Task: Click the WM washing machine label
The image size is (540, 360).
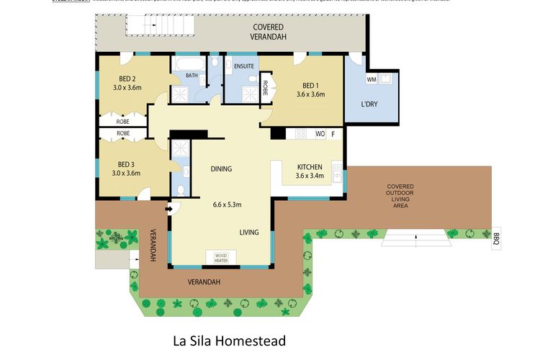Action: pyautogui.click(x=372, y=78)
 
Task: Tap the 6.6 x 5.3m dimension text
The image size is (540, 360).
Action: pyautogui.click(x=227, y=204)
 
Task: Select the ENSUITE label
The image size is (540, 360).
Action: pyautogui.click(x=243, y=66)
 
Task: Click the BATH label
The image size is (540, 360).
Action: pyautogui.click(x=192, y=75)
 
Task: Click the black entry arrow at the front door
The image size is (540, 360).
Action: pyautogui.click(x=170, y=210)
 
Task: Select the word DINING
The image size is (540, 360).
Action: pyautogui.click(x=221, y=169)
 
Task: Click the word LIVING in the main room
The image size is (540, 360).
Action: pyautogui.click(x=250, y=232)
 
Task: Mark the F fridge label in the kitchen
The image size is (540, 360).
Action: pyautogui.click(x=333, y=133)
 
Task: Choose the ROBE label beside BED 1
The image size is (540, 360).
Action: pyautogui.click(x=265, y=88)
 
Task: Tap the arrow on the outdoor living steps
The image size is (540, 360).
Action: pyautogui.click(x=415, y=235)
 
